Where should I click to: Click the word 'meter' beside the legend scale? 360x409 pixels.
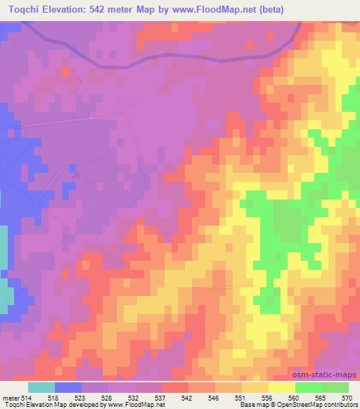[12, 397]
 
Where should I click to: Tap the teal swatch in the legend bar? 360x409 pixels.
[41, 387]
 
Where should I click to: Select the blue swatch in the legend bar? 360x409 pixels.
[68, 387]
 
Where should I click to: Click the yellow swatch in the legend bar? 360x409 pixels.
[282, 387]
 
